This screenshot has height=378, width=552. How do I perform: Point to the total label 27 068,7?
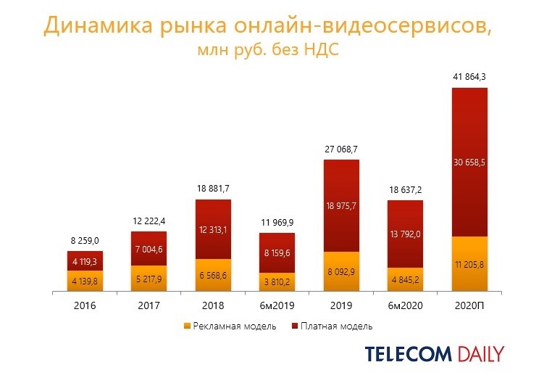click(341, 149)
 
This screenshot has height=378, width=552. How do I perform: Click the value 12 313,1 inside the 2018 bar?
click(213, 230)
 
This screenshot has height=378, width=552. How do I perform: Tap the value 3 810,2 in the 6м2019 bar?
click(277, 283)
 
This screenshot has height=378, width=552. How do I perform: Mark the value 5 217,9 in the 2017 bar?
click(149, 279)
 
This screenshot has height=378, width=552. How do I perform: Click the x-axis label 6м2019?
click(277, 306)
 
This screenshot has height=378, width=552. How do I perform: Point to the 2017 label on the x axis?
click(149, 306)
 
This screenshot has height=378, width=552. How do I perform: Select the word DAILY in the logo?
click(481, 355)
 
